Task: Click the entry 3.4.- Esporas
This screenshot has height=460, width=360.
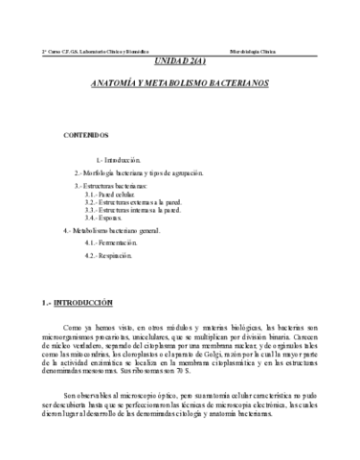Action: pos(102,218)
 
